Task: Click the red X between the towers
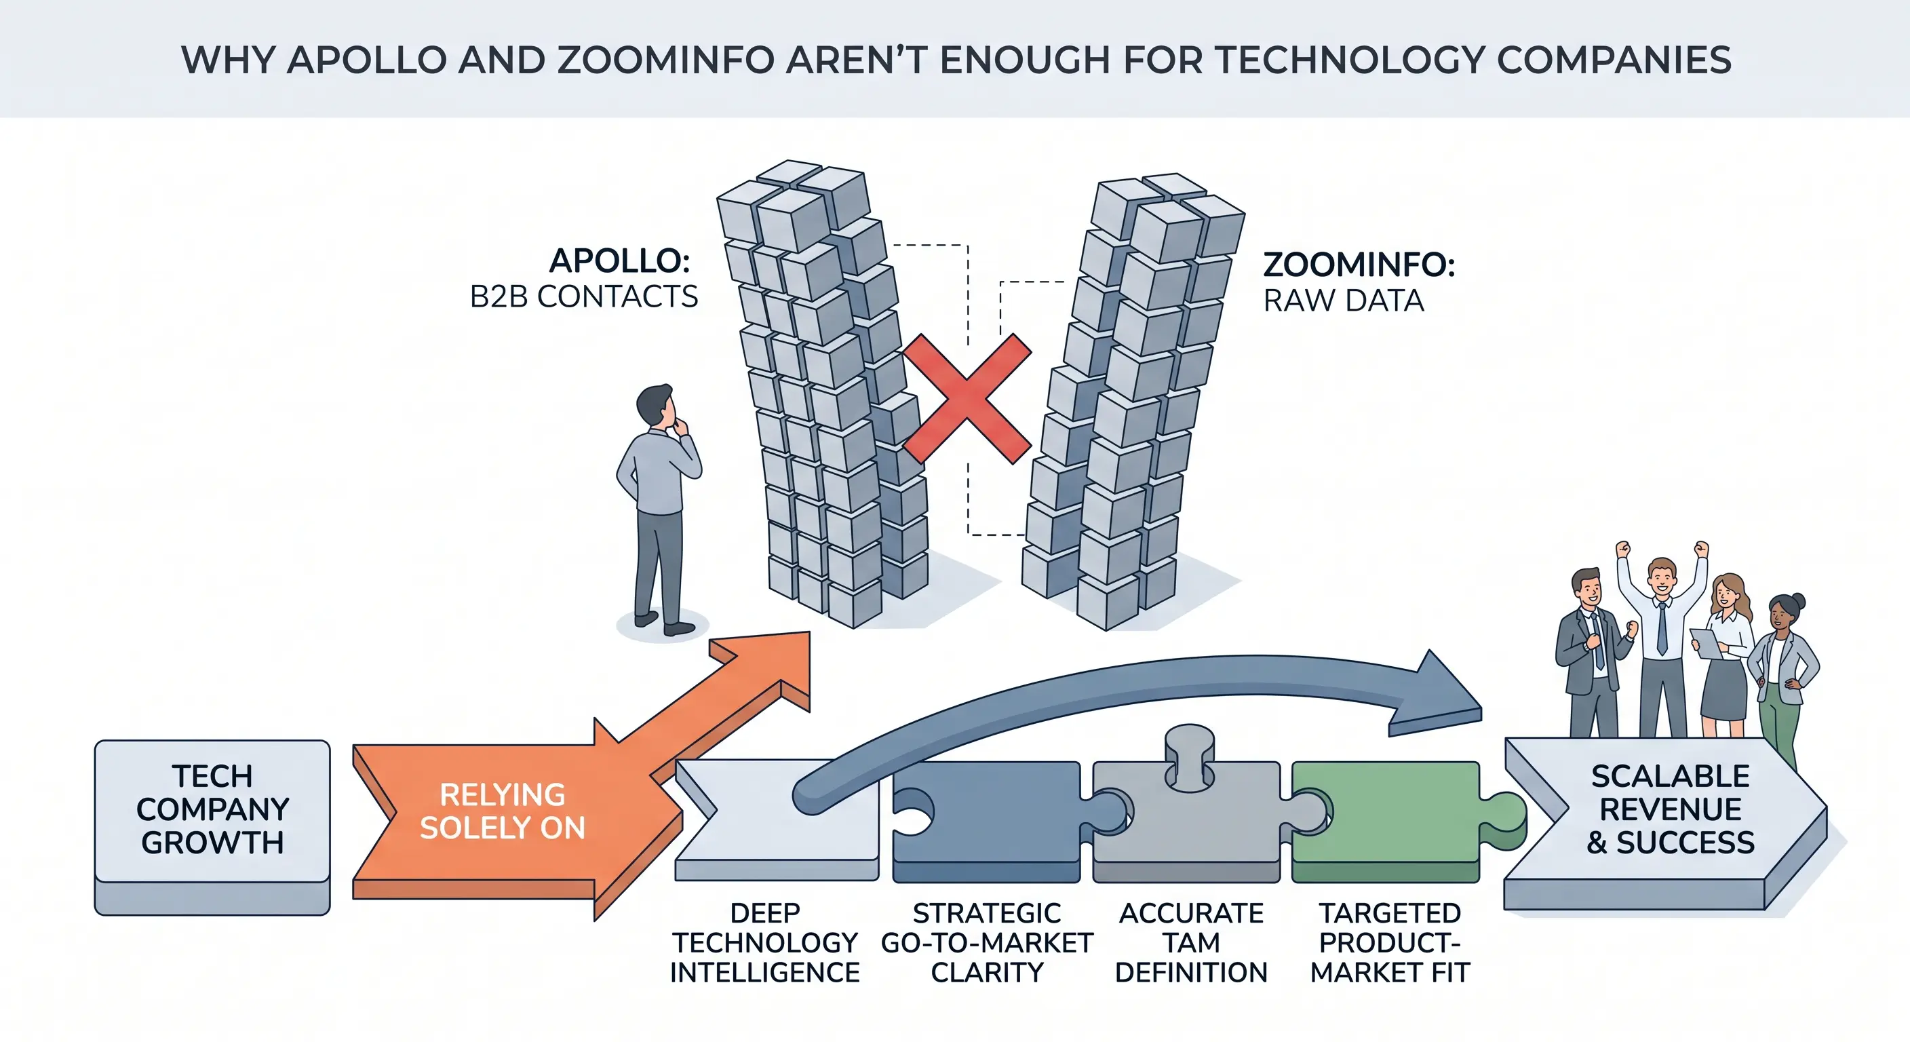[967, 399]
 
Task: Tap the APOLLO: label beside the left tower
[620, 260]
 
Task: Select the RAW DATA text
[1344, 301]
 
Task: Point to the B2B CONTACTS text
[583, 296]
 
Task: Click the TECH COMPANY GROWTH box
[212, 826]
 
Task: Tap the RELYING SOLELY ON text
[503, 811]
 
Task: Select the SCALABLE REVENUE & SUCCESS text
[1671, 809]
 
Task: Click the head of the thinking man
[655, 406]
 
